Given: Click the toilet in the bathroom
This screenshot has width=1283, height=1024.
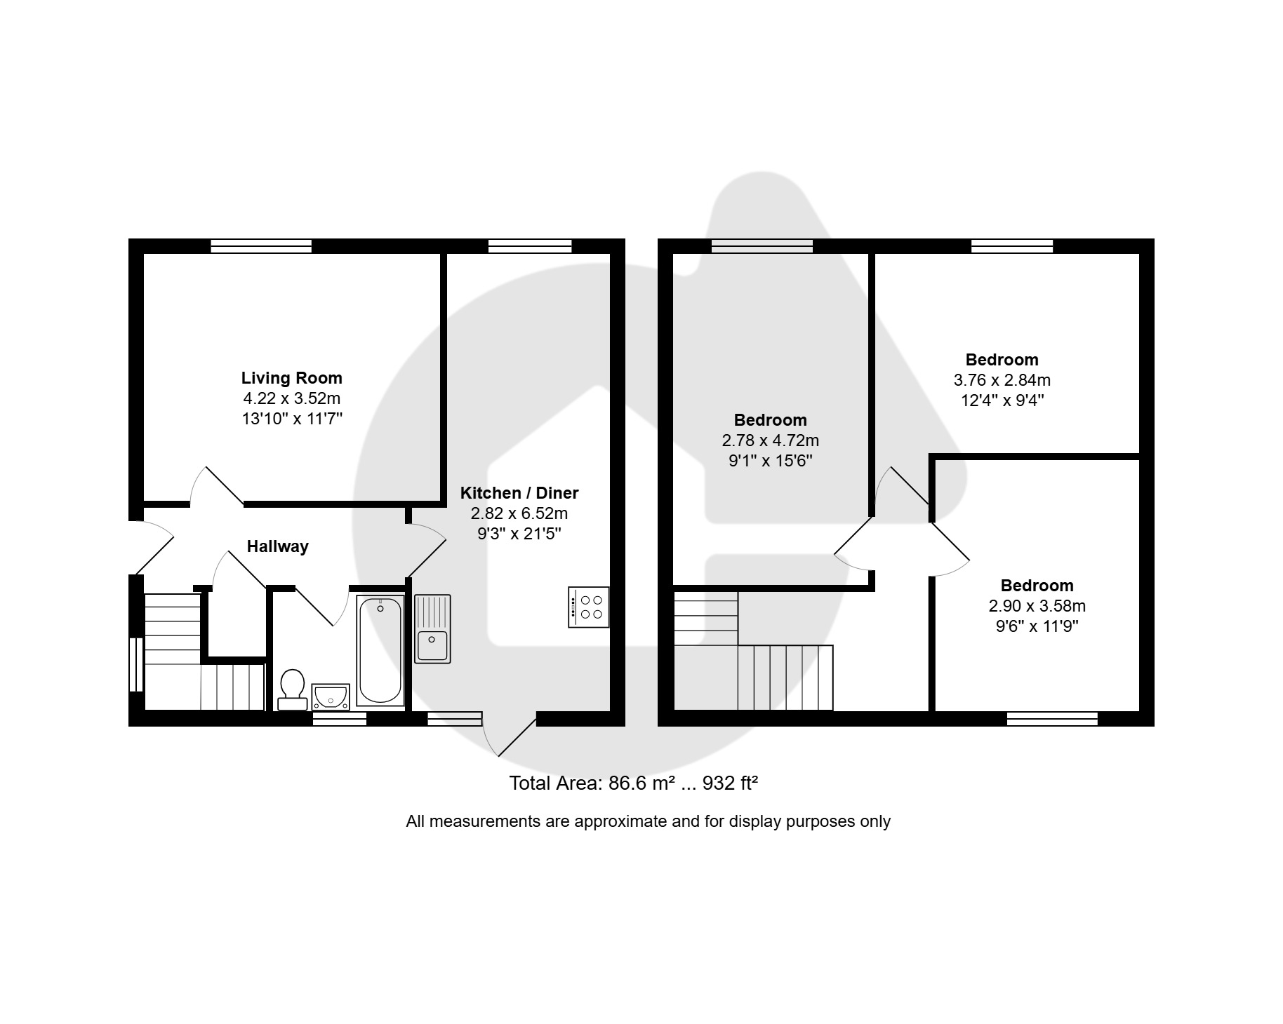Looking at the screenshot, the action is click(x=291, y=689).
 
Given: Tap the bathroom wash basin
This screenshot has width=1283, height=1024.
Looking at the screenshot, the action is click(x=331, y=696).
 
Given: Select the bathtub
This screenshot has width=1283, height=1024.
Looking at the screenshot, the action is click(x=380, y=650).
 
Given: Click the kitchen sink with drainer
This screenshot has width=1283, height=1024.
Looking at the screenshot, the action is click(x=432, y=628).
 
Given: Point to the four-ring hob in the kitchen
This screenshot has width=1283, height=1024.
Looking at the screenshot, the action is click(x=588, y=607).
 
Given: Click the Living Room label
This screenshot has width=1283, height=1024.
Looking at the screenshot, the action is click(x=292, y=378).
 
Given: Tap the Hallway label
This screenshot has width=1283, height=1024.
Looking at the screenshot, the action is click(x=278, y=546).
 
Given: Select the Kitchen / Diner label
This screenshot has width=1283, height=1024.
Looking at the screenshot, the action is click(x=519, y=492).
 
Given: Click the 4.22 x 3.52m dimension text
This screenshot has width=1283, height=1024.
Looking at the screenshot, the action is click(x=292, y=398).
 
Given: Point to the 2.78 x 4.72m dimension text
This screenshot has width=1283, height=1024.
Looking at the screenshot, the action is click(x=771, y=440).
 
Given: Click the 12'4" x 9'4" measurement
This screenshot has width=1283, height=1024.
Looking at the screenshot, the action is click(x=1002, y=400).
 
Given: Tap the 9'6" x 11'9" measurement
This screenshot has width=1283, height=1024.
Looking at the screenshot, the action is click(x=1037, y=626).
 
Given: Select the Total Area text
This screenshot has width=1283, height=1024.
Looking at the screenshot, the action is click(x=634, y=783).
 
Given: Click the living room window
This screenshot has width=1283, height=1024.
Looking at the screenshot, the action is click(x=261, y=246).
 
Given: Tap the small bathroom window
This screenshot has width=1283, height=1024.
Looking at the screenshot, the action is click(x=340, y=719).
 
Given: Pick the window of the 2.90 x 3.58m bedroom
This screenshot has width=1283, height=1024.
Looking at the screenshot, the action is click(x=1052, y=719).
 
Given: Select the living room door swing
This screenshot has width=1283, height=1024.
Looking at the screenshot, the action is click(x=217, y=485).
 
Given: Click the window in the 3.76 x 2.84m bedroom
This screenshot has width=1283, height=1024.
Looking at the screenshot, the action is click(x=1012, y=246).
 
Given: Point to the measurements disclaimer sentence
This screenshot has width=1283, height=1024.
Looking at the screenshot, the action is click(x=648, y=821).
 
